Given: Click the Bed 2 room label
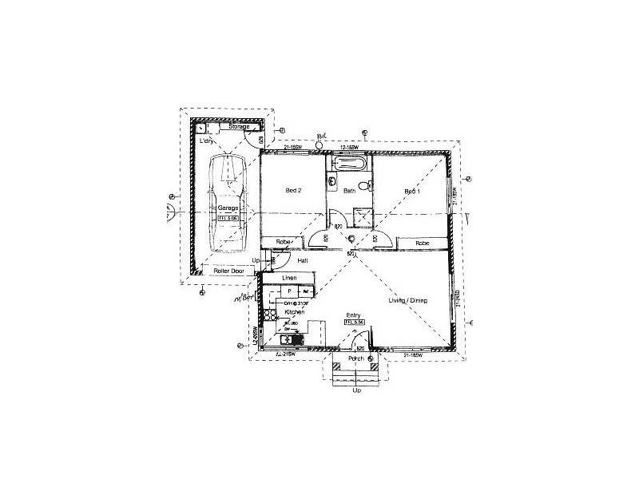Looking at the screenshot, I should (293, 191).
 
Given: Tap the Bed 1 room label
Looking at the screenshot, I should (411, 192).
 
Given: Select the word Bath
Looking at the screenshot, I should (349, 192).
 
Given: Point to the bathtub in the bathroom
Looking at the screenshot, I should (349, 164).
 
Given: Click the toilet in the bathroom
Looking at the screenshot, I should (363, 186).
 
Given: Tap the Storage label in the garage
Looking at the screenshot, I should (240, 127).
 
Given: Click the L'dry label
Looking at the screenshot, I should (207, 141).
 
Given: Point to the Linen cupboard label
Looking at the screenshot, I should (289, 278).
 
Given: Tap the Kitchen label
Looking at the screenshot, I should (295, 311).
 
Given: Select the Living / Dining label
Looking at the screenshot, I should (407, 300).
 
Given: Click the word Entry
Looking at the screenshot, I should (354, 315).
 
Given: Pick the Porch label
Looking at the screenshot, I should (356, 359).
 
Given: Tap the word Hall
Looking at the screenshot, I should (303, 260).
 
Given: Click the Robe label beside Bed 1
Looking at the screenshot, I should (423, 243).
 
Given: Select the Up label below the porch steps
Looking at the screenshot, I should (356, 390).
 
